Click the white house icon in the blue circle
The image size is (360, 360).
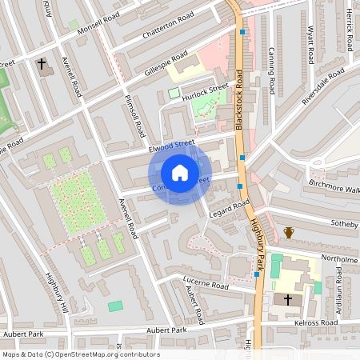click(x=180, y=173)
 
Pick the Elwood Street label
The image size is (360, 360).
click(x=171, y=146)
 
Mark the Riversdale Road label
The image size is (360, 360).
click(x=323, y=86)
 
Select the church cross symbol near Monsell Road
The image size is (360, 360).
click(x=42, y=62)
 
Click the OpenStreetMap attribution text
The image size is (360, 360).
click(x=81, y=354)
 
